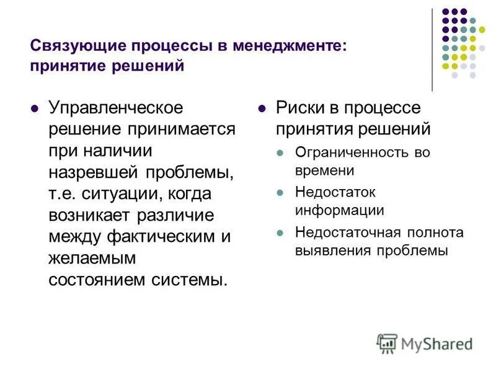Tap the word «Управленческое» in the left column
116,108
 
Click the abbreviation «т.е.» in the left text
63,194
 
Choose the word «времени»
324,170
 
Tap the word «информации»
339,210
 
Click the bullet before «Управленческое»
35,108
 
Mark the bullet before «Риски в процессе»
263,108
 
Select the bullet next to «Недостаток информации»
281,193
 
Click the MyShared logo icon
387,343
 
